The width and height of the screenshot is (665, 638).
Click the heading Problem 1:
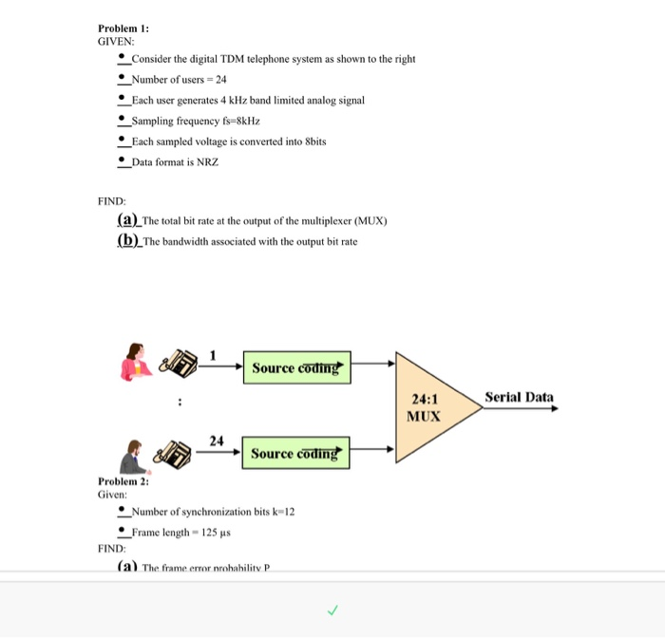123,28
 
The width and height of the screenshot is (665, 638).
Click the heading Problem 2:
123,481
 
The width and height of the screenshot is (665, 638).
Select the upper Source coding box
297,367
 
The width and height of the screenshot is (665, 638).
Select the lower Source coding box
297,454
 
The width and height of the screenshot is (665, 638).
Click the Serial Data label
519,397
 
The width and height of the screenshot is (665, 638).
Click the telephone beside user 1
179,364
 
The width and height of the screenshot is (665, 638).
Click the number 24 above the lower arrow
217,441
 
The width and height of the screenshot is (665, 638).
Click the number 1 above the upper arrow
214,355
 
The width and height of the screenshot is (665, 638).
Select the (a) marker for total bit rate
126,220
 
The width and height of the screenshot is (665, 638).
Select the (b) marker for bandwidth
127,240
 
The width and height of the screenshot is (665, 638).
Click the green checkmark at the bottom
332,610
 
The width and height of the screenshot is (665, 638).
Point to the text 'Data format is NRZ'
175,162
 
